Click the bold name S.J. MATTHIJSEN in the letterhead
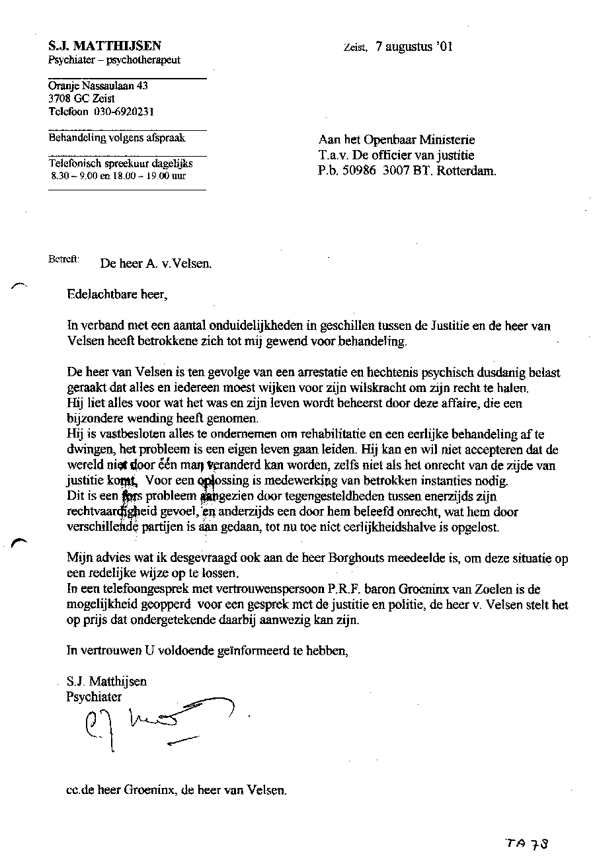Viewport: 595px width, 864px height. [x=104, y=46]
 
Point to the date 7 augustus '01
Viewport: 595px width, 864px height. [x=414, y=47]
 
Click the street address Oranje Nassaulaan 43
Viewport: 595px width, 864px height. [x=98, y=86]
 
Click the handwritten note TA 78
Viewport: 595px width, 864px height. [x=527, y=844]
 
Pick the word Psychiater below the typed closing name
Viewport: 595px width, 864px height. [x=94, y=696]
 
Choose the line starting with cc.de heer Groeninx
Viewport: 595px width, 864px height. [x=177, y=790]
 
